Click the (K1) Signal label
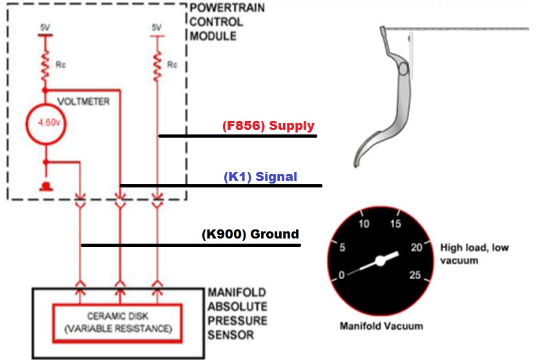260,176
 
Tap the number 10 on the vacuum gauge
364,224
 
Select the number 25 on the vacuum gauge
415,275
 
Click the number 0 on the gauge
342,275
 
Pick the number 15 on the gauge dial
395,224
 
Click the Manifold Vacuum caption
381,325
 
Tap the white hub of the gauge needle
381,260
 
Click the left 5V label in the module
44,29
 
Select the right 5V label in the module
156,28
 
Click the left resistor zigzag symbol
45,65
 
